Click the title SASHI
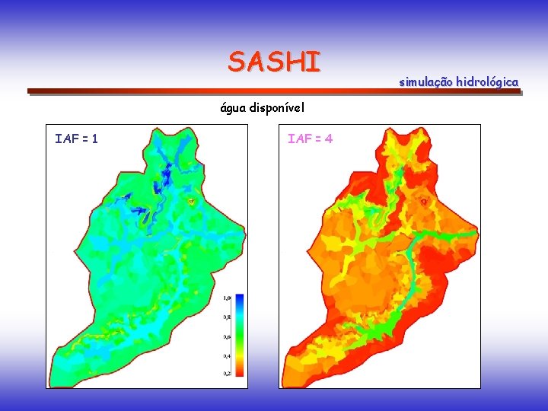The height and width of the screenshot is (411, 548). pos(274,62)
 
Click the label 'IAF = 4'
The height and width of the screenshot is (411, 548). pos(310,139)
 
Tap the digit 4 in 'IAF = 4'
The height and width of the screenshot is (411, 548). pos(328,139)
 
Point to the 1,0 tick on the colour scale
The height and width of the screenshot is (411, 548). pos(227,297)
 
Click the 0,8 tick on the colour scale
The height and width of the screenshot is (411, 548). pos(227,317)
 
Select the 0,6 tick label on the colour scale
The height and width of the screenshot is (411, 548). pos(227,336)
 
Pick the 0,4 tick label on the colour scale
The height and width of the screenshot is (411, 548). pos(227,355)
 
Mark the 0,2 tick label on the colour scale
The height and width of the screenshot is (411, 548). pos(227,374)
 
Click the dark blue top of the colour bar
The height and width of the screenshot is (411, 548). pos(238,299)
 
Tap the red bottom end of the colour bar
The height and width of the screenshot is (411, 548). pos(238,372)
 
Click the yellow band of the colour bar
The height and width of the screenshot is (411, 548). pos(238,351)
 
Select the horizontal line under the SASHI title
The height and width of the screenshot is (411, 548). pos(274,92)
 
